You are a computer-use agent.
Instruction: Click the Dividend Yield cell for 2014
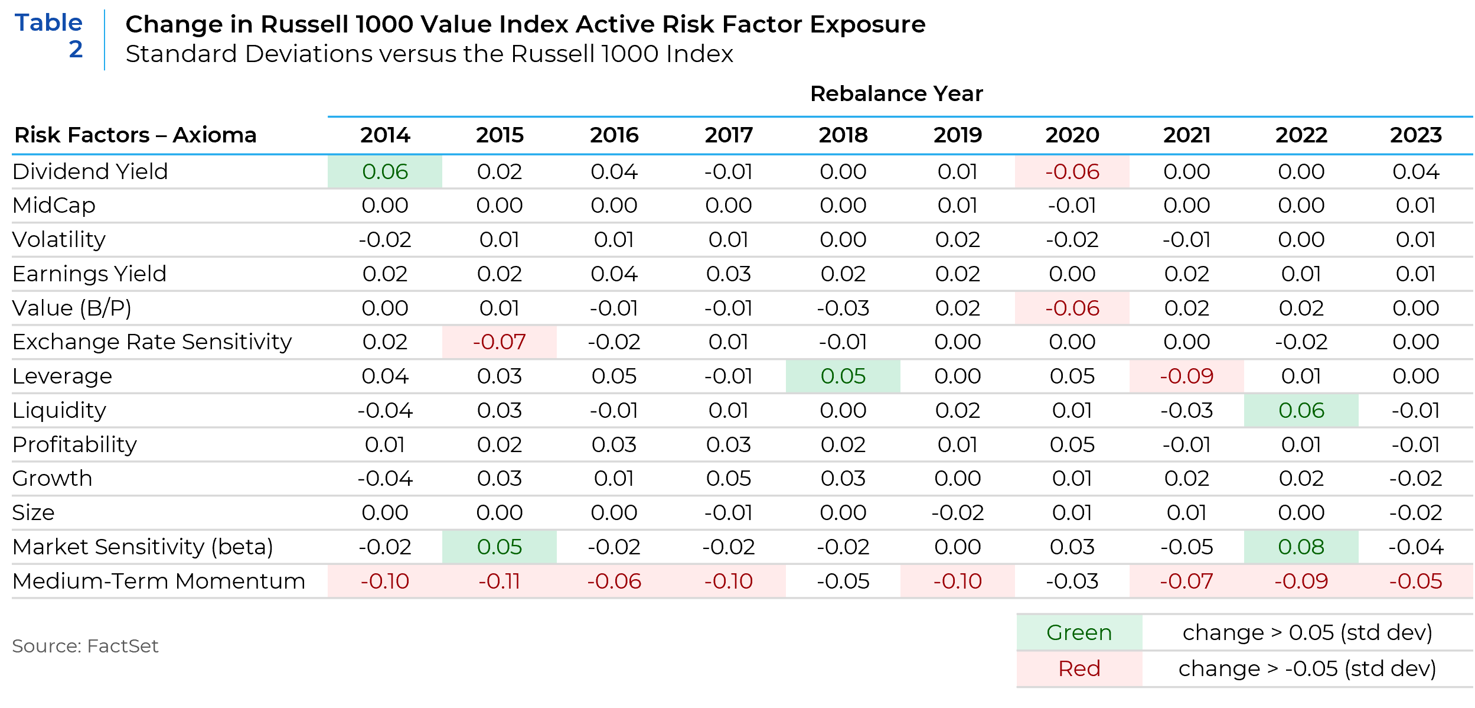point(385,171)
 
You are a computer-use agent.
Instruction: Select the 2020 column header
point(1072,135)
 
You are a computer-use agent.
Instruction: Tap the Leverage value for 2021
point(1186,376)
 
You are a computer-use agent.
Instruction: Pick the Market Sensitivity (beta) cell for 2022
point(1301,547)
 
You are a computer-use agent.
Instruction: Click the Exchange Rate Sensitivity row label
point(152,342)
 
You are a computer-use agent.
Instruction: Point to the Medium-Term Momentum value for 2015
point(500,581)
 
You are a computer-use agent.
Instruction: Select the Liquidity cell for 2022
point(1301,410)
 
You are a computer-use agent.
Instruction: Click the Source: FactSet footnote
point(85,646)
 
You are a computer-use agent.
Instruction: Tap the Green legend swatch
point(1079,632)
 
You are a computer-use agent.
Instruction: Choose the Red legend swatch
point(1079,668)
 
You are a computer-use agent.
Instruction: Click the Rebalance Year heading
point(896,93)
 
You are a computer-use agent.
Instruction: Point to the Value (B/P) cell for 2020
point(1072,308)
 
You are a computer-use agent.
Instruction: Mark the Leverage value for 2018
point(843,376)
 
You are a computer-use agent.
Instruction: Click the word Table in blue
point(48,22)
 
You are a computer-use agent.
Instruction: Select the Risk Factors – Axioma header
point(135,135)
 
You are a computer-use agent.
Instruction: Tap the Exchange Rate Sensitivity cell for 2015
point(500,342)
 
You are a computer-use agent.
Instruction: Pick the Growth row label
point(53,478)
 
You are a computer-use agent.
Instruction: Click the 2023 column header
point(1415,135)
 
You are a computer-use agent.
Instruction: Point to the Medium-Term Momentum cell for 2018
point(843,581)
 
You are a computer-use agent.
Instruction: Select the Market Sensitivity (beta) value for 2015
point(500,547)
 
